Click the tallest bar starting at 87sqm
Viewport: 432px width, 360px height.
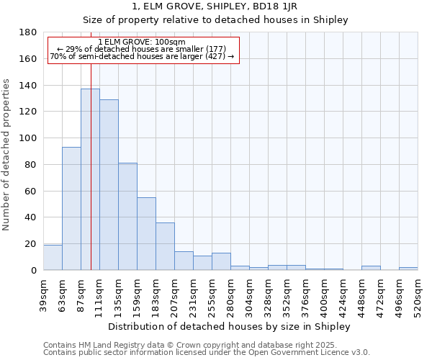[x=90, y=179]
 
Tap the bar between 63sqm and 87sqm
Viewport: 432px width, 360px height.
[x=71, y=209]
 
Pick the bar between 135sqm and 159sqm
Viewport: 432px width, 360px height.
[x=127, y=216]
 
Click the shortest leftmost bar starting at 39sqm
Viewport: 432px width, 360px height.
[x=53, y=258]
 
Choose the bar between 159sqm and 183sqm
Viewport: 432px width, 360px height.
[x=146, y=234]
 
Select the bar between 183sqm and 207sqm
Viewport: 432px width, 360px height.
[x=165, y=246]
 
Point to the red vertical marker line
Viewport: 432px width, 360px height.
[x=91, y=144]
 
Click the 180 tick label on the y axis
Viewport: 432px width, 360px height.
[x=29, y=32]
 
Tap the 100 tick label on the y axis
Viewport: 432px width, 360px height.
[x=29, y=138]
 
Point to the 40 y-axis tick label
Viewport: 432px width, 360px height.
[x=32, y=217]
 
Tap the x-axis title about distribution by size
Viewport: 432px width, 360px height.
[x=228, y=326]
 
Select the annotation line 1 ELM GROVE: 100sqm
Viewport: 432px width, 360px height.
[x=142, y=42]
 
